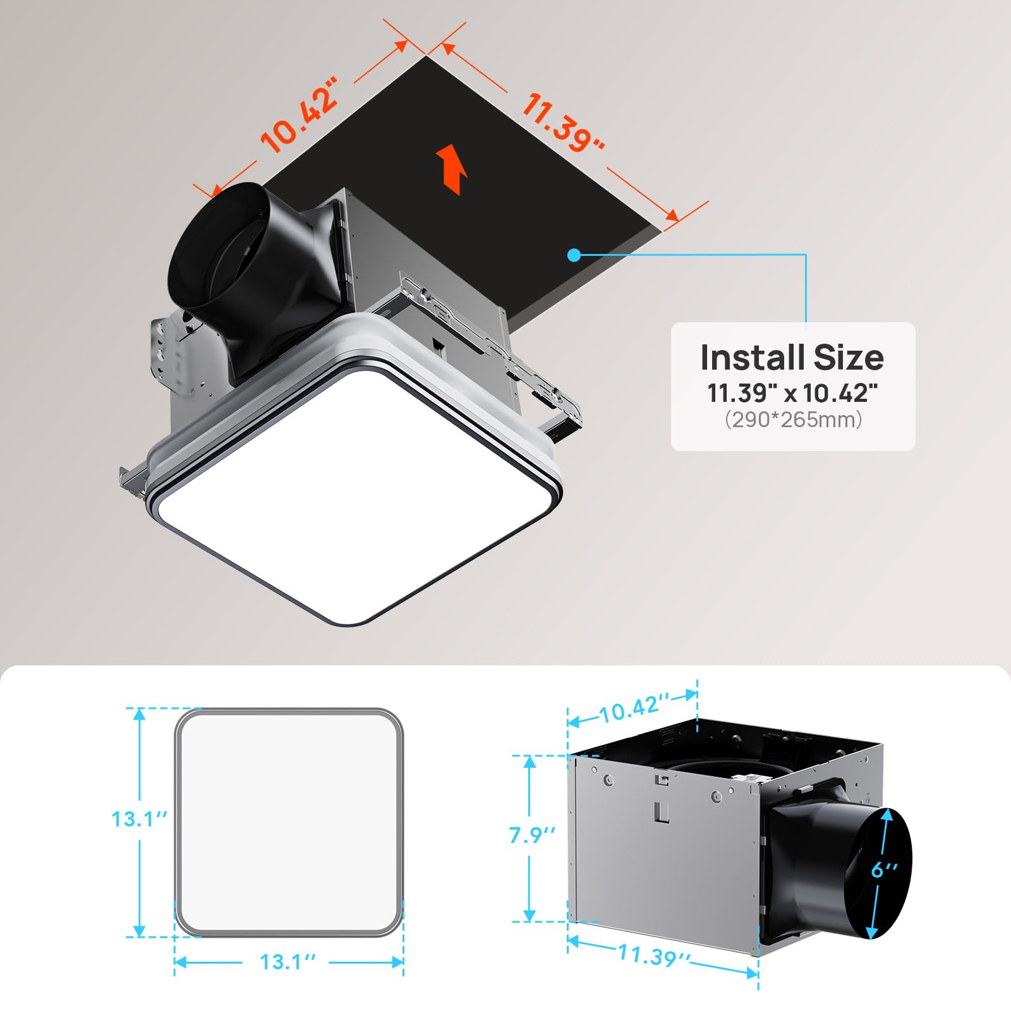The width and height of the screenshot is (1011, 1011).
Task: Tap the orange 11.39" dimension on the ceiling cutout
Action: pyautogui.click(x=562, y=123)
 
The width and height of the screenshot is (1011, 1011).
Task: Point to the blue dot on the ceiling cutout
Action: pyautogui.click(x=574, y=255)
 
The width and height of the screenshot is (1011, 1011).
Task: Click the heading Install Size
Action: pyautogui.click(x=792, y=358)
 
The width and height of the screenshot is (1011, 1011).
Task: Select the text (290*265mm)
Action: pyautogui.click(x=793, y=420)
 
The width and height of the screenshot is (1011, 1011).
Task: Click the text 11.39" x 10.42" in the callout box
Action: pyautogui.click(x=792, y=393)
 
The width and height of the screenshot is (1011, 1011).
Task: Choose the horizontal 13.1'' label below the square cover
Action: pyautogui.click(x=288, y=962)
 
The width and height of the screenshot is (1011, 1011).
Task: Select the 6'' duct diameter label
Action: pyautogui.click(x=884, y=869)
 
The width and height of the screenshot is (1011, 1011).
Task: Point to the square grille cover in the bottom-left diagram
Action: pyautogui.click(x=289, y=822)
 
